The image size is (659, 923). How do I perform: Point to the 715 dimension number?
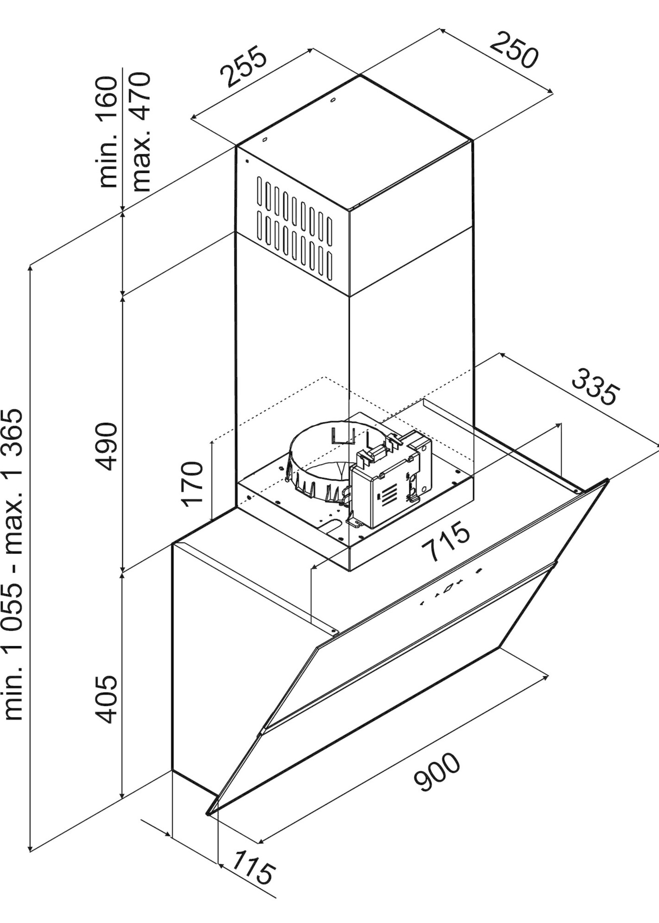click(x=445, y=543)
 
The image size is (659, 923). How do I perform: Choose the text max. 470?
click(x=141, y=132)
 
